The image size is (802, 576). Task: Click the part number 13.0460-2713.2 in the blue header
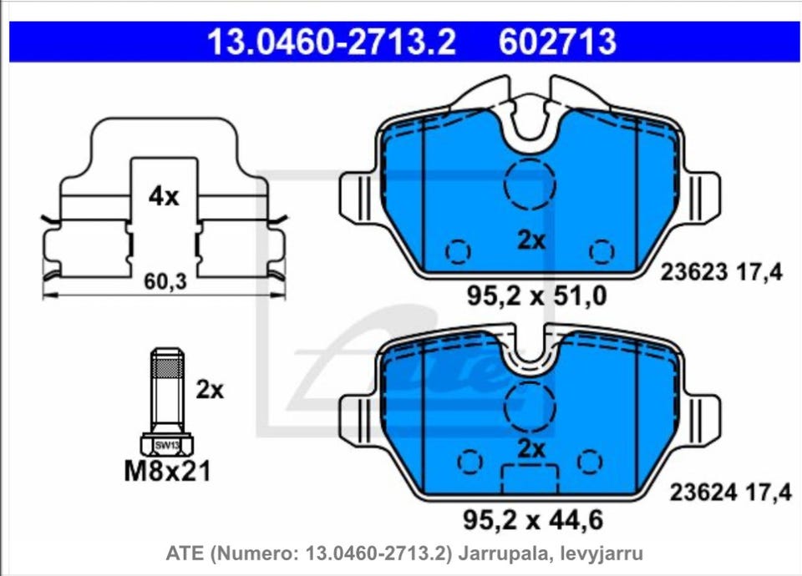point(331,42)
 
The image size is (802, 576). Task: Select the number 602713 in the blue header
point(557,42)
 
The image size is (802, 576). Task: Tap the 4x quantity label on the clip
point(164,196)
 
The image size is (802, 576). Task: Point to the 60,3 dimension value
point(165,281)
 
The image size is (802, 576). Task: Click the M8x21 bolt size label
point(167,471)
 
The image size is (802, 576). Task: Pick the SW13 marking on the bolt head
point(167,445)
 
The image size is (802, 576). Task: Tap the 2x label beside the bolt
point(210,391)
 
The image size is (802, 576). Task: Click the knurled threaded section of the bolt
point(168,367)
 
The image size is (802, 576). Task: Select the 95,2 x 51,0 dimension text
point(536,296)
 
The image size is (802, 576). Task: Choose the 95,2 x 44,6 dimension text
point(533,520)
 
